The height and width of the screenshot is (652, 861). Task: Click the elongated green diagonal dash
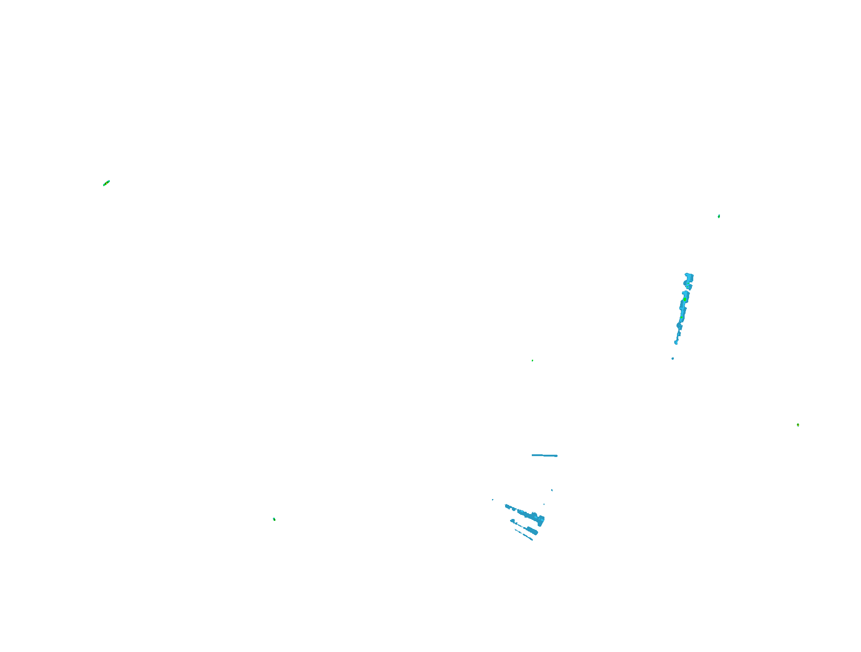(107, 183)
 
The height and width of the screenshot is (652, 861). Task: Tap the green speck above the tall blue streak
(719, 216)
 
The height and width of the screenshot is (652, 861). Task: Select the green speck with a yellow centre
(798, 425)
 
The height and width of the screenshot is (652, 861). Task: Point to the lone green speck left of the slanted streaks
(274, 519)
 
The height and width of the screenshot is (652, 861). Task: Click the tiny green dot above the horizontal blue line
(532, 361)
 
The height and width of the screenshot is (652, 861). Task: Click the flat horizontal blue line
(544, 455)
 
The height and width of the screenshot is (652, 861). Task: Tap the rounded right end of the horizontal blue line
(557, 456)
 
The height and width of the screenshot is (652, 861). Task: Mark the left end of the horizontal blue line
(533, 455)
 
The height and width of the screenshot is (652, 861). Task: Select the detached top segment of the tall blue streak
(689, 281)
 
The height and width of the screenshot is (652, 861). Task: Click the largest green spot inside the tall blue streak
(685, 300)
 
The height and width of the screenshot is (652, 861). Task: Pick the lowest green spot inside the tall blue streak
(681, 318)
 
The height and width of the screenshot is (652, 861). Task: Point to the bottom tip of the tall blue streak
(676, 343)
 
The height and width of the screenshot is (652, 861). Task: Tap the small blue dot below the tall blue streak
(673, 358)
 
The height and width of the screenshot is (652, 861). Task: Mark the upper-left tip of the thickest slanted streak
(506, 505)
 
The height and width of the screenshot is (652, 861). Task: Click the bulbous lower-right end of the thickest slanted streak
(541, 520)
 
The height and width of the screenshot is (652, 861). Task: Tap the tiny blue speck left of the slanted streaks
(492, 500)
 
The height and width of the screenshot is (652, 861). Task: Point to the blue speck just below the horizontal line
(552, 490)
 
